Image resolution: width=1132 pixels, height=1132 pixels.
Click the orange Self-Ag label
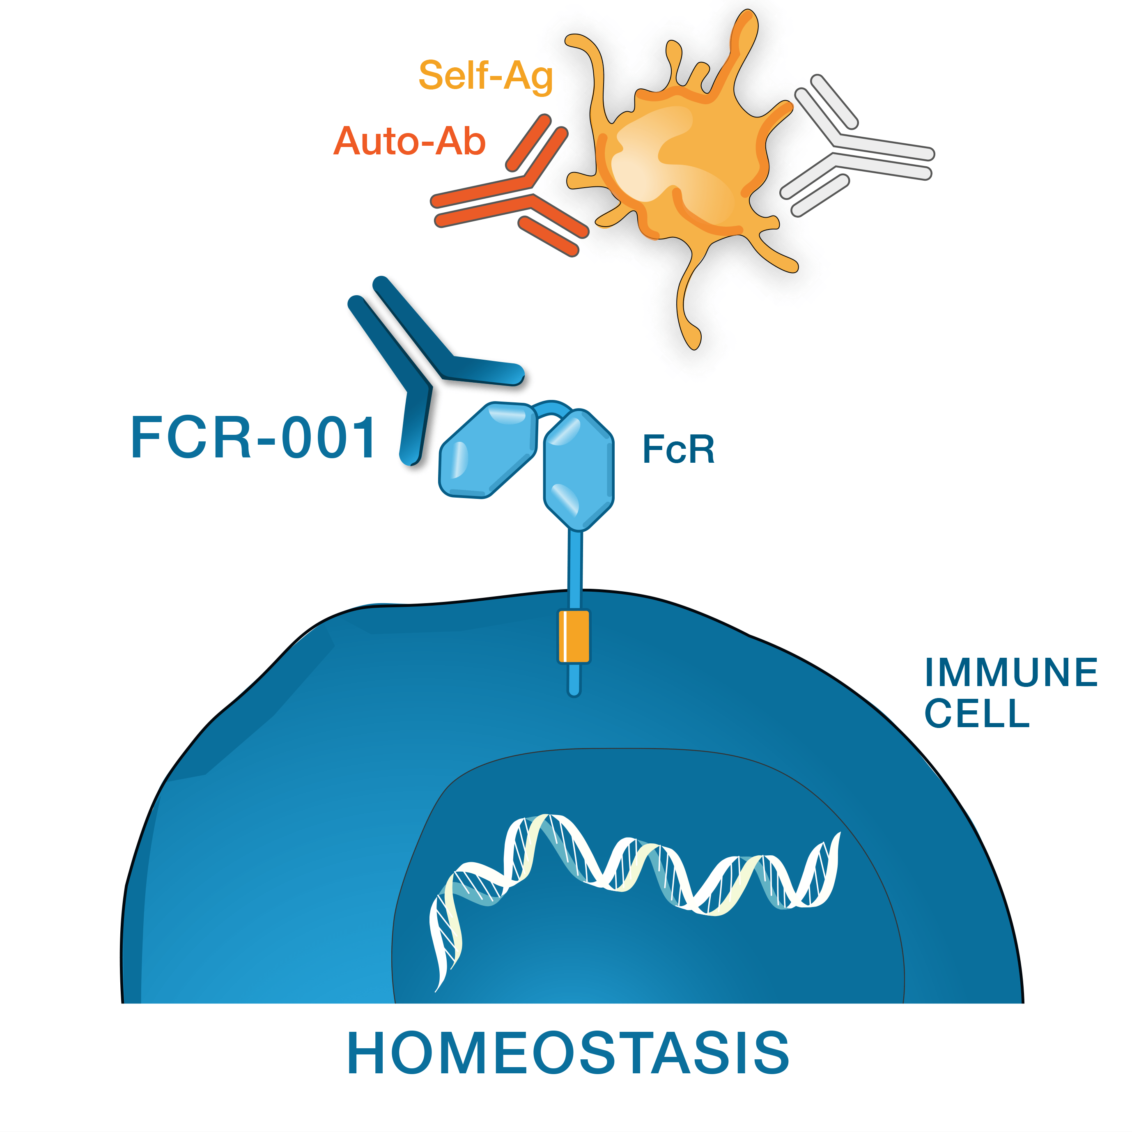pyautogui.click(x=486, y=76)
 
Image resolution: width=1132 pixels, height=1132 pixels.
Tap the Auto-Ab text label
pyautogui.click(x=409, y=141)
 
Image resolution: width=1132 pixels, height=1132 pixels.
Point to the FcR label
pyautogui.click(x=678, y=450)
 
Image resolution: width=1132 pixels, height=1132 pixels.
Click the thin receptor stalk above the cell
pyautogui.click(x=575, y=568)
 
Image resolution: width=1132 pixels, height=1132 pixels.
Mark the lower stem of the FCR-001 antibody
pyautogui.click(x=415, y=428)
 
